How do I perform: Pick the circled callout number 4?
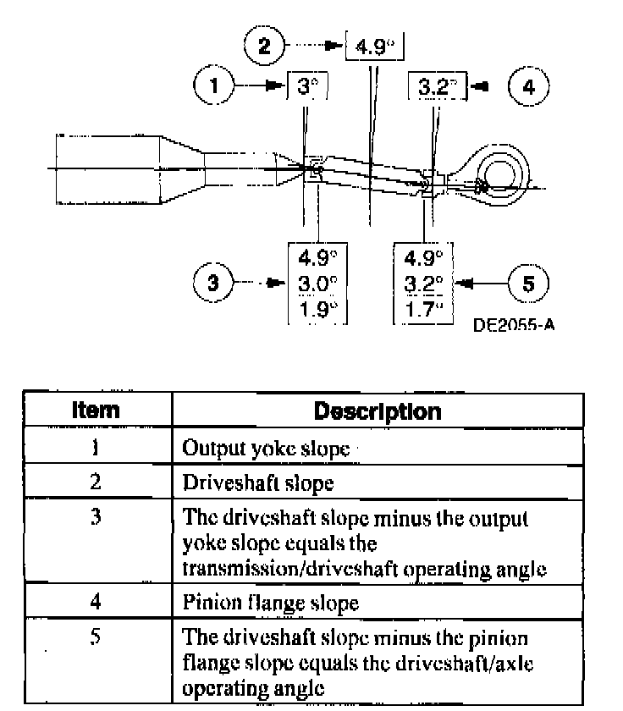tap(529, 86)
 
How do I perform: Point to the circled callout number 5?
tap(528, 283)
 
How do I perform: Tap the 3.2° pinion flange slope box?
tap(435, 86)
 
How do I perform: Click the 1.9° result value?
tap(318, 309)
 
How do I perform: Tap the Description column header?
tap(377, 412)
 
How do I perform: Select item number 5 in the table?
tap(96, 636)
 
